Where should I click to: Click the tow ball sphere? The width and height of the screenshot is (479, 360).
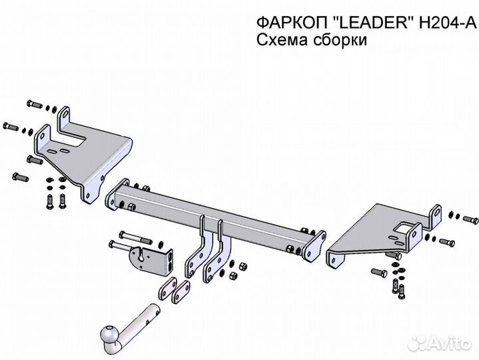click(x=109, y=335)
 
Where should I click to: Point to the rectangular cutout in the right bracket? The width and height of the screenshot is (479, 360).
click(x=403, y=230)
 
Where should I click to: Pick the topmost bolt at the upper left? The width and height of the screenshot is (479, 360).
click(x=34, y=104)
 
